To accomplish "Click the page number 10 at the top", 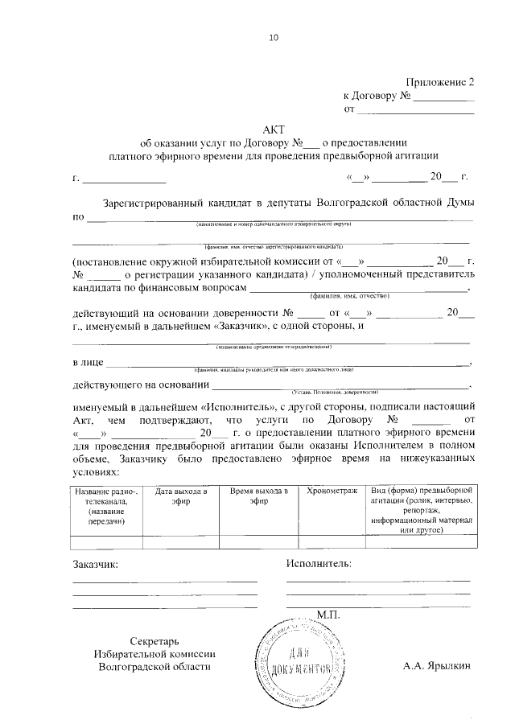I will (x=273, y=37).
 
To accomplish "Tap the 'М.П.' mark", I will (x=329, y=615).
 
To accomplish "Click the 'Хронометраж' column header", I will (x=326, y=490).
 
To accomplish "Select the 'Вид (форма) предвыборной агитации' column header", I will (x=417, y=510).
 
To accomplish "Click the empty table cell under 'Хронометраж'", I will (x=326, y=541).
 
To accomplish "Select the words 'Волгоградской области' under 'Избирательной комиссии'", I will (x=154, y=667).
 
